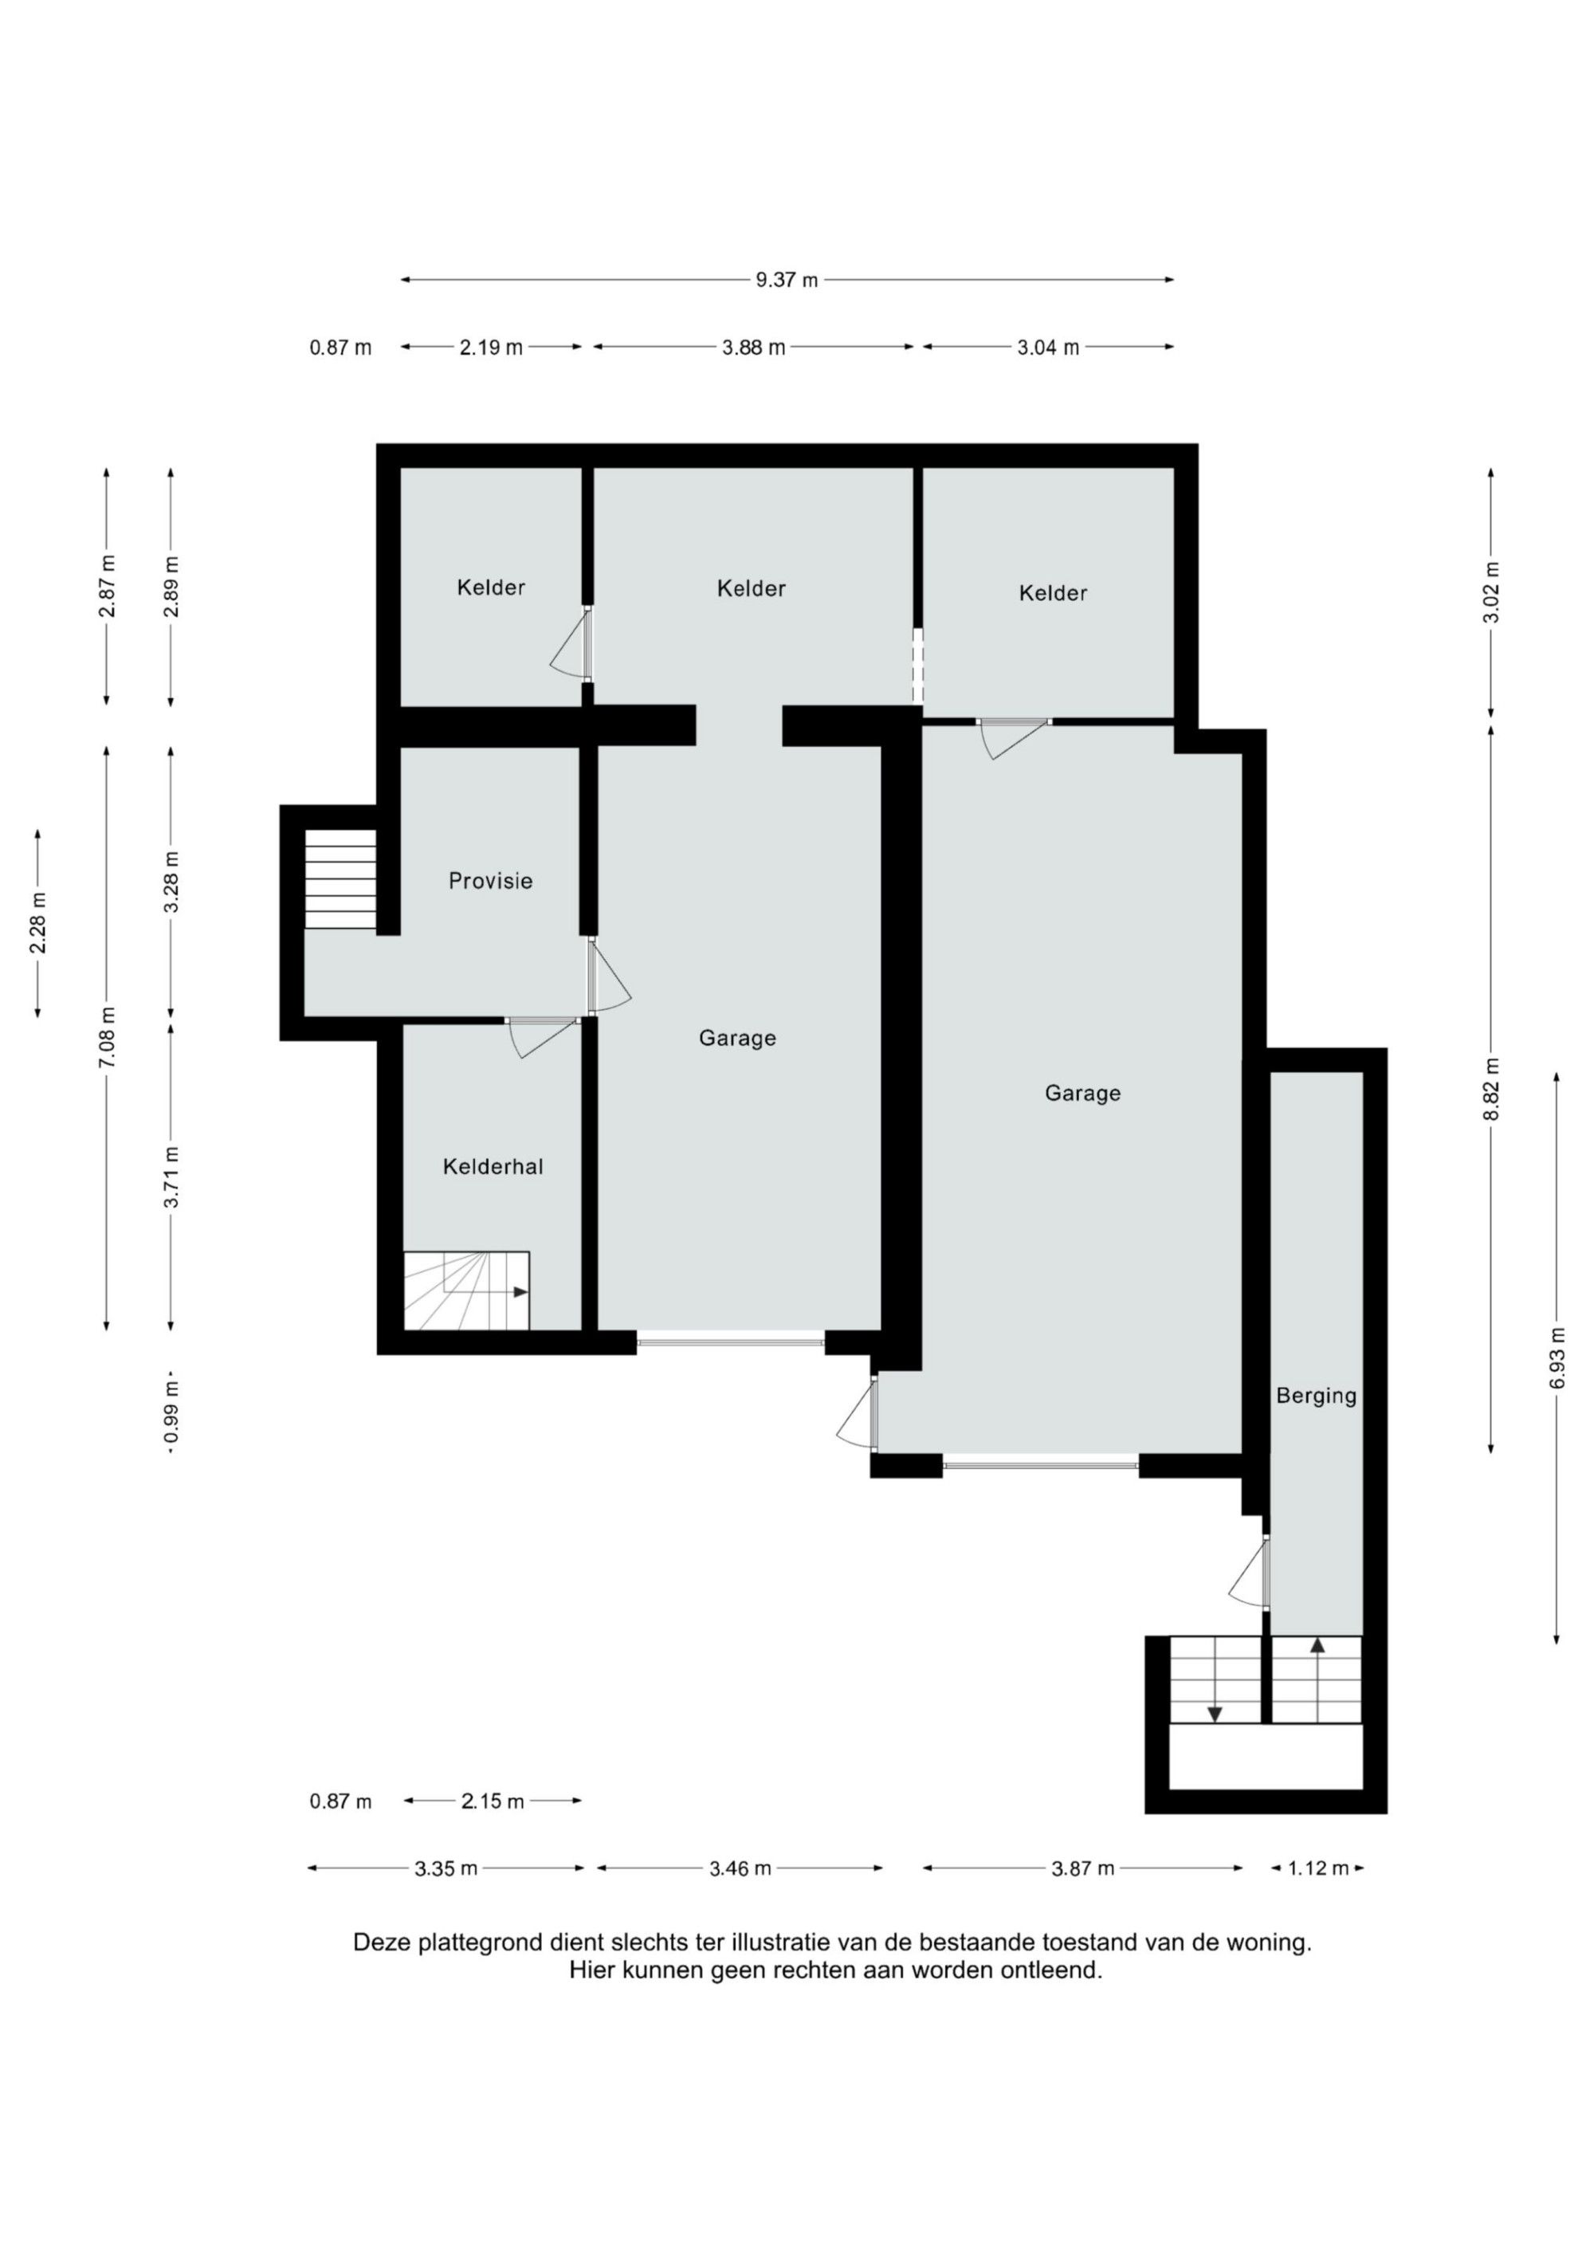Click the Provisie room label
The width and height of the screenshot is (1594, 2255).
(490, 881)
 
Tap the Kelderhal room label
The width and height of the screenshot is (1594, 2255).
(493, 1167)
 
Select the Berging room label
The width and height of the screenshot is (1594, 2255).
(1316, 1396)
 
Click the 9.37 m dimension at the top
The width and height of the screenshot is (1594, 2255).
(787, 280)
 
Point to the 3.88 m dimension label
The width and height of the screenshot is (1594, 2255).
(753, 347)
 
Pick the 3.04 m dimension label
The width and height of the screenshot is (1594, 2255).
(1048, 347)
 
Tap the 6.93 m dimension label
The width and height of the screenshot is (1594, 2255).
(1557, 1357)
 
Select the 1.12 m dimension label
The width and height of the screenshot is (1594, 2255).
(1318, 1868)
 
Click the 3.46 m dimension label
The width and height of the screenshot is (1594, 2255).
(740, 1868)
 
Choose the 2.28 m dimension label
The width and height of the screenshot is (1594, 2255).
(38, 922)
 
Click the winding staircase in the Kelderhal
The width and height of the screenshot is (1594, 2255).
(466, 1291)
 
